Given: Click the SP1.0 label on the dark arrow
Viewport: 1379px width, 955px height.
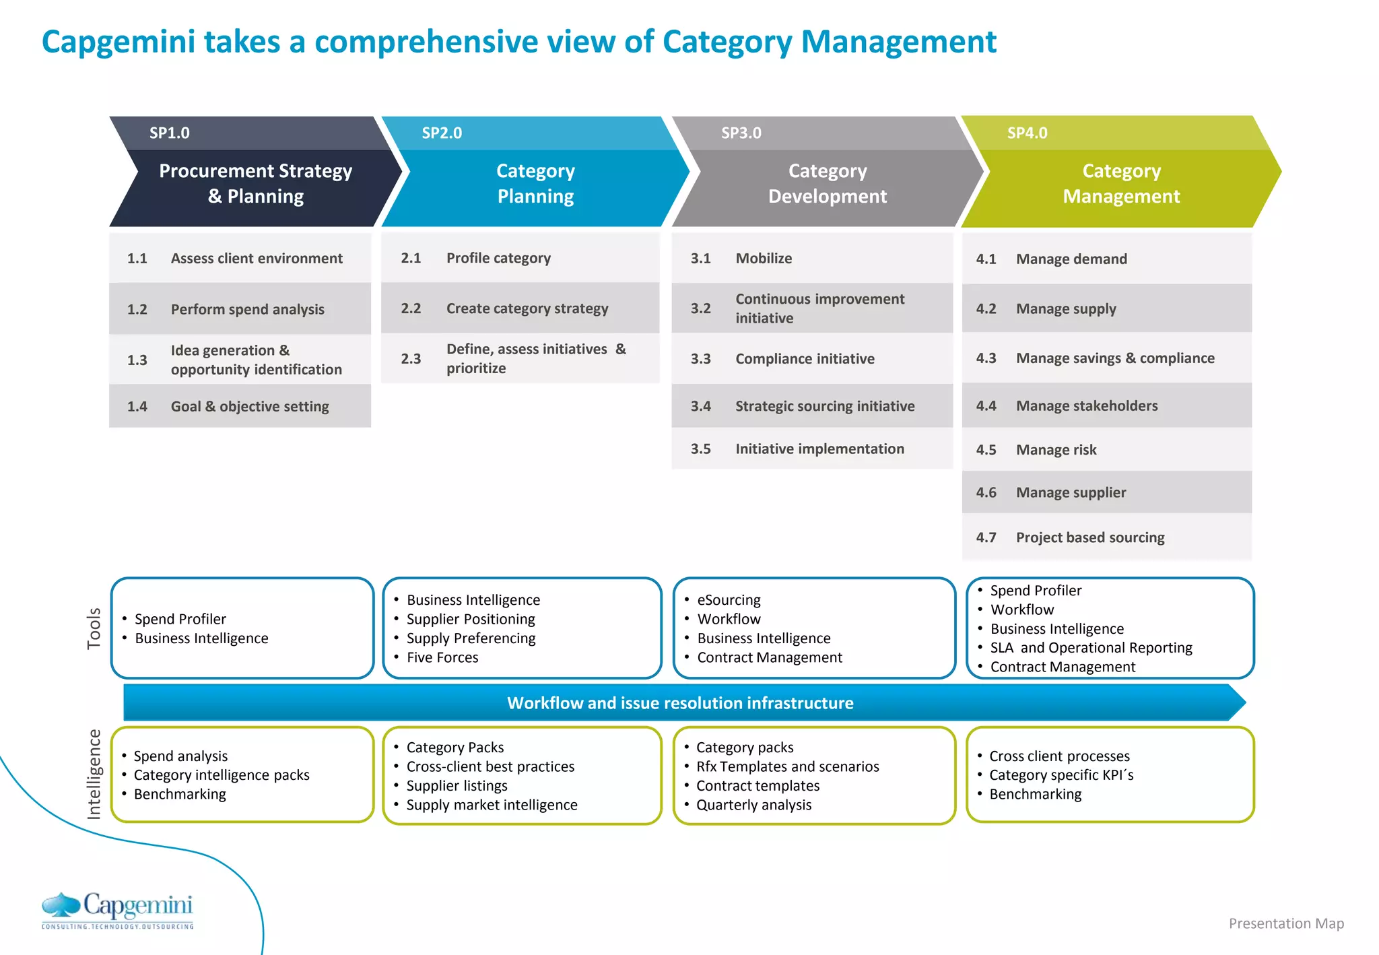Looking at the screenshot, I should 169,133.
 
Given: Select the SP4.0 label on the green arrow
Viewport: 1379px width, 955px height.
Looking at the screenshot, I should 1027,133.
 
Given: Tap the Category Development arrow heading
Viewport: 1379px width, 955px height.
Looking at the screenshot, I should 827,183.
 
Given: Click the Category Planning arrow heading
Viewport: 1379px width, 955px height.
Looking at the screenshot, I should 535,183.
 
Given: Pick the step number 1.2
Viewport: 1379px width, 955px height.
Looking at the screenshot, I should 137,309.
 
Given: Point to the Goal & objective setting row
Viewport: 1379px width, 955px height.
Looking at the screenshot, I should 249,406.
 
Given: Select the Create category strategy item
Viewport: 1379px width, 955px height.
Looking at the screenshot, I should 527,308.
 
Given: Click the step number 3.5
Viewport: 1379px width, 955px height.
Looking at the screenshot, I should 700,449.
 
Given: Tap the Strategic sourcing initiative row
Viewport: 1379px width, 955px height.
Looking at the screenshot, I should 824,406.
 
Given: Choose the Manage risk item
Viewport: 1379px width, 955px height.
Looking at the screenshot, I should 1056,450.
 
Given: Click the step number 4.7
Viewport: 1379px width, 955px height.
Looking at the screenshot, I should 986,537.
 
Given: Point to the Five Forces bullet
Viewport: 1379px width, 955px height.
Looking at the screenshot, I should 442,657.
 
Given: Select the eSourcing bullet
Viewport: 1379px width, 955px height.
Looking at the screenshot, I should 729,599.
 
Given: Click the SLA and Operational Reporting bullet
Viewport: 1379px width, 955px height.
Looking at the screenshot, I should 1091,648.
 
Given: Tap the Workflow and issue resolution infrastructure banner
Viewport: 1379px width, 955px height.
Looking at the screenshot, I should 680,703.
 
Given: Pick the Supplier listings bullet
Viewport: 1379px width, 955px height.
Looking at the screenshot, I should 457,786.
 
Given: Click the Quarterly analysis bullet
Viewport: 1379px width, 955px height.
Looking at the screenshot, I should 753,805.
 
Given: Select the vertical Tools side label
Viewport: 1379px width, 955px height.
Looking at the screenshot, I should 94,628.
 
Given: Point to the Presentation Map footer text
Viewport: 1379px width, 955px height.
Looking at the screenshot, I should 1285,923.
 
